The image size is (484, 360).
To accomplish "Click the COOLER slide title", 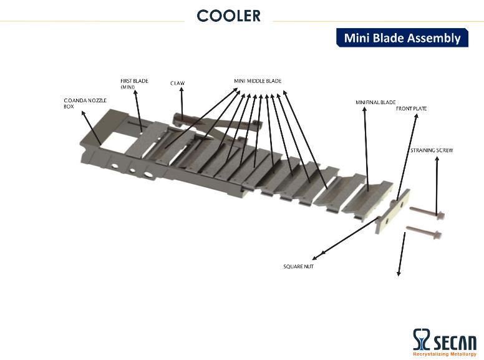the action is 229,16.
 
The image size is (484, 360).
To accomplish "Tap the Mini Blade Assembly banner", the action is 402,37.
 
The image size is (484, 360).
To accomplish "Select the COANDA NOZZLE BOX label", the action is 85,104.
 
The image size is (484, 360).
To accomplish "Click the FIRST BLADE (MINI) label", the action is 134,84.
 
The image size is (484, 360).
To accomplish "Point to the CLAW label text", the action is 178,83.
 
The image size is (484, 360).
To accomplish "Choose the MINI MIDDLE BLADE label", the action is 258,81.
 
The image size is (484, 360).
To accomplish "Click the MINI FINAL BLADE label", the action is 375,102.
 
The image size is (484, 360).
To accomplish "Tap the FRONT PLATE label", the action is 411,109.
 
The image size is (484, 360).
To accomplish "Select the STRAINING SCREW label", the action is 432,150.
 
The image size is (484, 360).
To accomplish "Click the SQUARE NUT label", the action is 299,266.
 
